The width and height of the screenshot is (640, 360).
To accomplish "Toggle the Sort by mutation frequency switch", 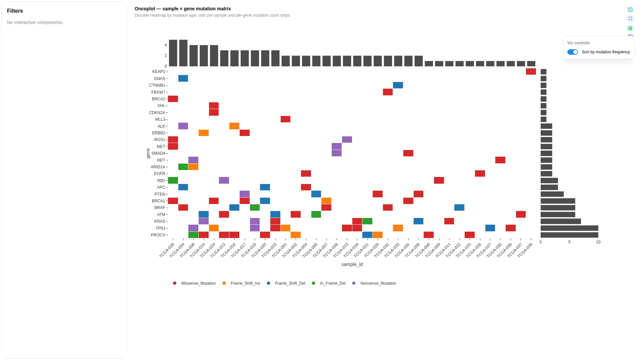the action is tap(572, 52).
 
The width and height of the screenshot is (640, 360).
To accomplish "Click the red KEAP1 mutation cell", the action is tap(531, 72).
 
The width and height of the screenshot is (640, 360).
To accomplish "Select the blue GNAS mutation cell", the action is tap(183, 78).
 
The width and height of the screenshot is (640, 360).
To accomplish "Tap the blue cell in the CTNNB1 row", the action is tap(398, 85).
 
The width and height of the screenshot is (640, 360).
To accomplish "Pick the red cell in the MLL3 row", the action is tap(285, 119).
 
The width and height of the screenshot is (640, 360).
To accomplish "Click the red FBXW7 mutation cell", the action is tap(388, 92).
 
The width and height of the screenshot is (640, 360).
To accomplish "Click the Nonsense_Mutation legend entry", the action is tap(374, 283).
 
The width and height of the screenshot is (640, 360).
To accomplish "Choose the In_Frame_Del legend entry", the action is tap(329, 283).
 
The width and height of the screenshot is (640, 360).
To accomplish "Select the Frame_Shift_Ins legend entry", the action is tap(241, 283).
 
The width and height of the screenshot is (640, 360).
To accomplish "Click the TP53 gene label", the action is tap(160, 228).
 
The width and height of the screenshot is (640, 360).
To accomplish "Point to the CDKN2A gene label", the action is tap(157, 113).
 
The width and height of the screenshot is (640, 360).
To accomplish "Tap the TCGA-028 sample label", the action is tap(167, 250).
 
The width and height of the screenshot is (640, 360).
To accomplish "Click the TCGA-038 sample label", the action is tap(525, 250).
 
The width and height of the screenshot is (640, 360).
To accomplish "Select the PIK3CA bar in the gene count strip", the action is tap(569, 235).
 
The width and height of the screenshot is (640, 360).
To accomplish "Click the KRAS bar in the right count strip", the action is tap(561, 221).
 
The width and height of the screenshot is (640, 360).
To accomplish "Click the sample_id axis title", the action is tap(352, 264).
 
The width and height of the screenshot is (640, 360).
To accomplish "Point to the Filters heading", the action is tap(15, 11).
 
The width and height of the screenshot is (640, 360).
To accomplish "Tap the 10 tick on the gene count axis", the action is tap(598, 242).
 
